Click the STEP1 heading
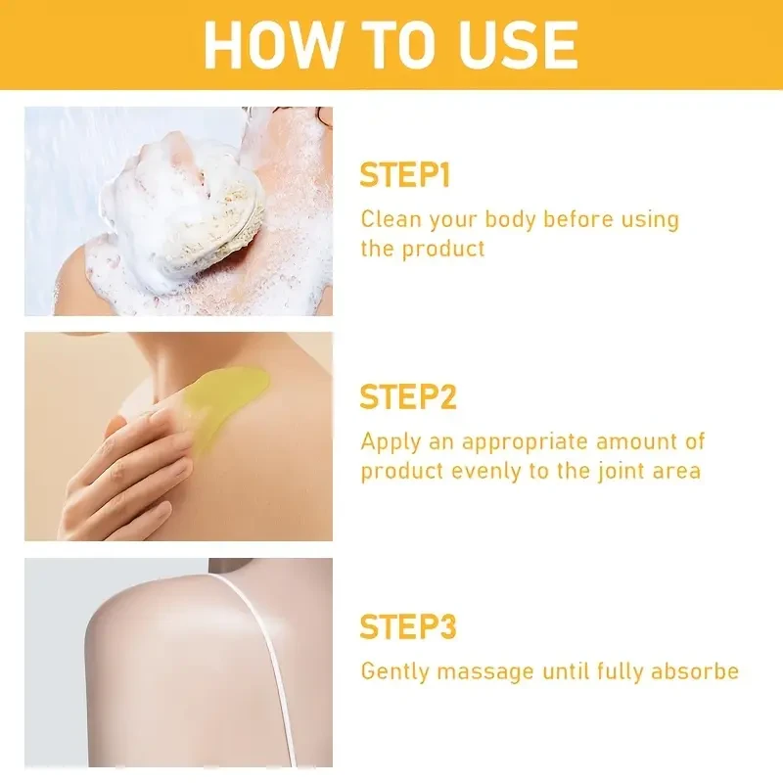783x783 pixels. click(404, 176)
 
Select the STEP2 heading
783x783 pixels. click(408, 397)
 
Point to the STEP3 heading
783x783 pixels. click(408, 626)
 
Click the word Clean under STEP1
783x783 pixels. click(388, 218)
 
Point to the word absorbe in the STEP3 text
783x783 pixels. click(697, 671)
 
